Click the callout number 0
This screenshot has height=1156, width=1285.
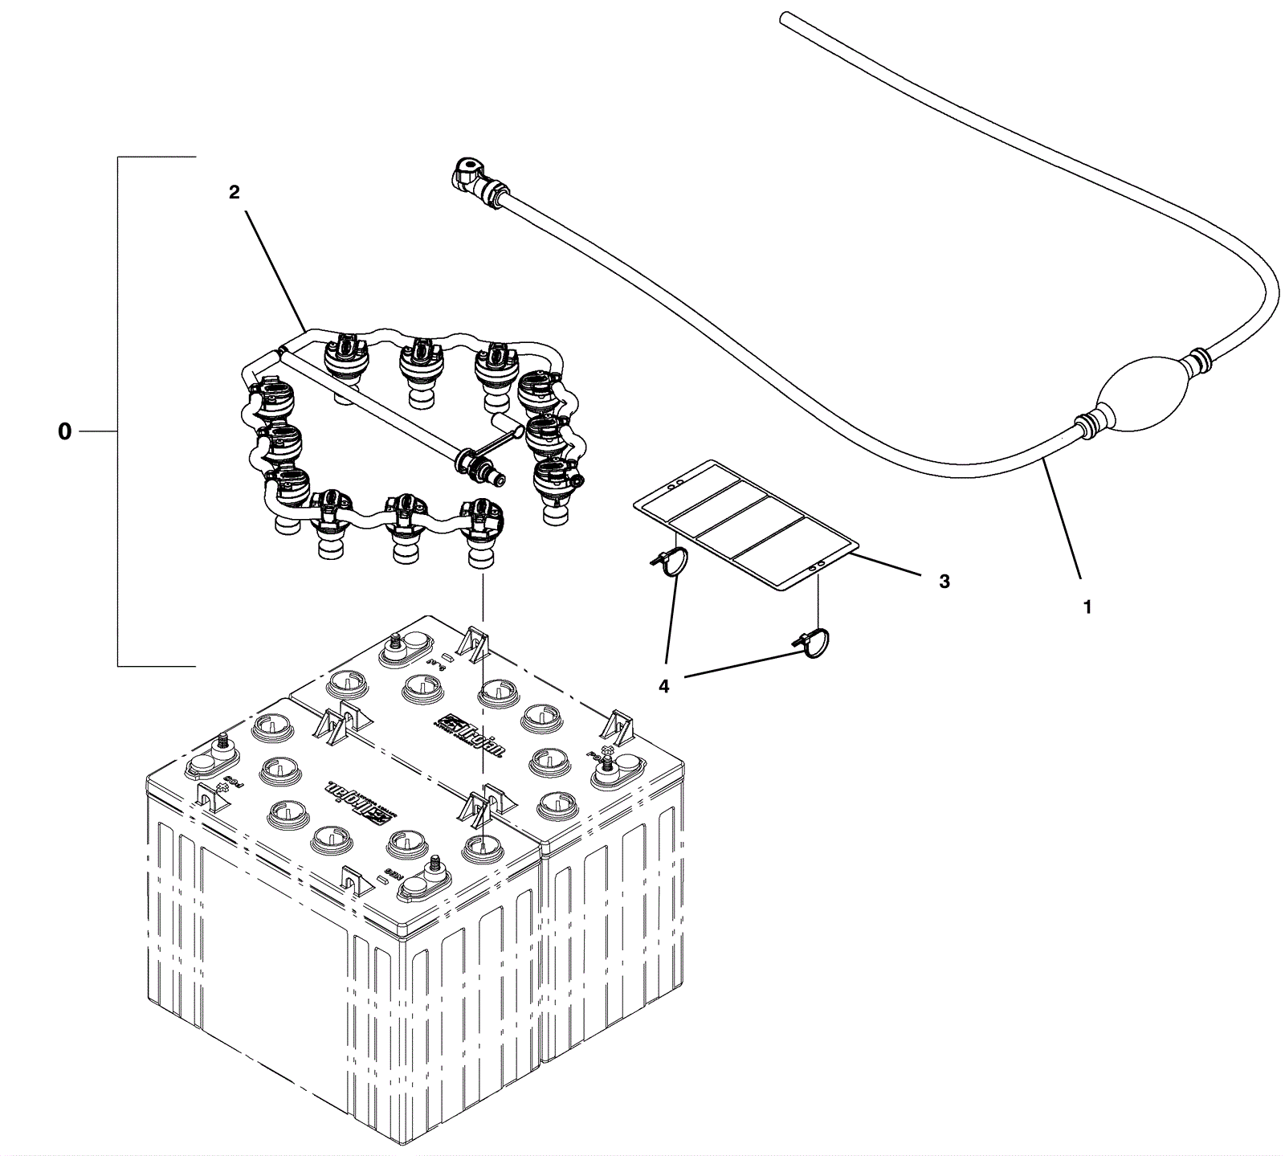[64, 432]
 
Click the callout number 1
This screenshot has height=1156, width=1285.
[1087, 608]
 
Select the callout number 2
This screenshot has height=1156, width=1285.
[234, 192]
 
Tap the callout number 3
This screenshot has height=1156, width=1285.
[944, 581]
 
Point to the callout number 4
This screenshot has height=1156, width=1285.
[663, 687]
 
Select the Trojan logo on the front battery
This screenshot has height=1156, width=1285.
[357, 799]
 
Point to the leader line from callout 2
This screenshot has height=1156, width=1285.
[272, 266]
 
